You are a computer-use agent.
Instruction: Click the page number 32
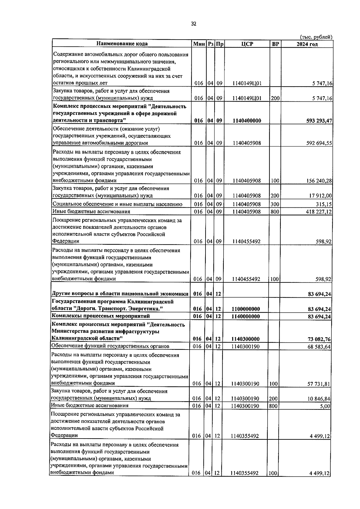tap(193, 24)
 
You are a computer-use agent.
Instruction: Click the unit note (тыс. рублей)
tap(316, 37)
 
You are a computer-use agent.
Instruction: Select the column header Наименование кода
tap(122, 44)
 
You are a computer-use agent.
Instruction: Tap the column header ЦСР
tap(247, 44)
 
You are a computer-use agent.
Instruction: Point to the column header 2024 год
tap(307, 44)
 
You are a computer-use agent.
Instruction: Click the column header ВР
tap(275, 44)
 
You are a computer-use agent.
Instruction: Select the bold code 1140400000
tap(247, 121)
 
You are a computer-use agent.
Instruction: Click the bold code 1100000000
tap(246, 309)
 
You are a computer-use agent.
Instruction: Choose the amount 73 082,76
tap(319, 339)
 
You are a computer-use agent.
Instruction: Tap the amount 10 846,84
tap(319, 399)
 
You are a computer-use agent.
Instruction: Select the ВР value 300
tap(275, 204)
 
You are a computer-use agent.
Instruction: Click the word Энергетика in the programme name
tap(149, 309)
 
